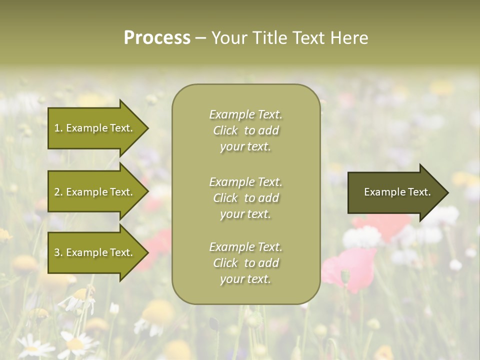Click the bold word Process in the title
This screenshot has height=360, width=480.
(157, 38)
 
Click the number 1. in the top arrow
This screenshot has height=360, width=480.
(58, 128)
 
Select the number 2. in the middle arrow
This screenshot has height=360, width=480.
(58, 192)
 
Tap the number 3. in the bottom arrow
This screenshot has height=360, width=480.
(58, 252)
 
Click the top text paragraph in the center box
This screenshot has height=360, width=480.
(245, 130)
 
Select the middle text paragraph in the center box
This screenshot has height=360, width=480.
(245, 198)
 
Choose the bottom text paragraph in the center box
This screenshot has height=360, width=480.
(245, 263)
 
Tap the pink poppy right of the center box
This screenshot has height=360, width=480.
(350, 267)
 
